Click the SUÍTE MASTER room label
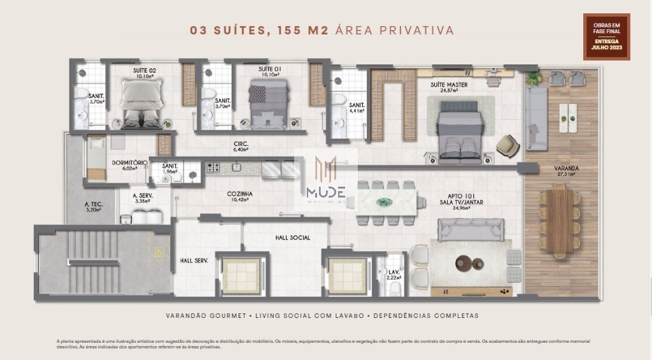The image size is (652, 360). (449, 85)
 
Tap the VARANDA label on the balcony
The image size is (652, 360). (549, 169)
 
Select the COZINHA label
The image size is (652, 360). (239, 194)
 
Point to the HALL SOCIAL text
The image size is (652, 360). (292, 238)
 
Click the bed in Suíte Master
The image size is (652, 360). (457, 133)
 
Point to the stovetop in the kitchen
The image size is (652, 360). (213, 168)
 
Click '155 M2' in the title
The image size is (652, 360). (303, 31)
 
